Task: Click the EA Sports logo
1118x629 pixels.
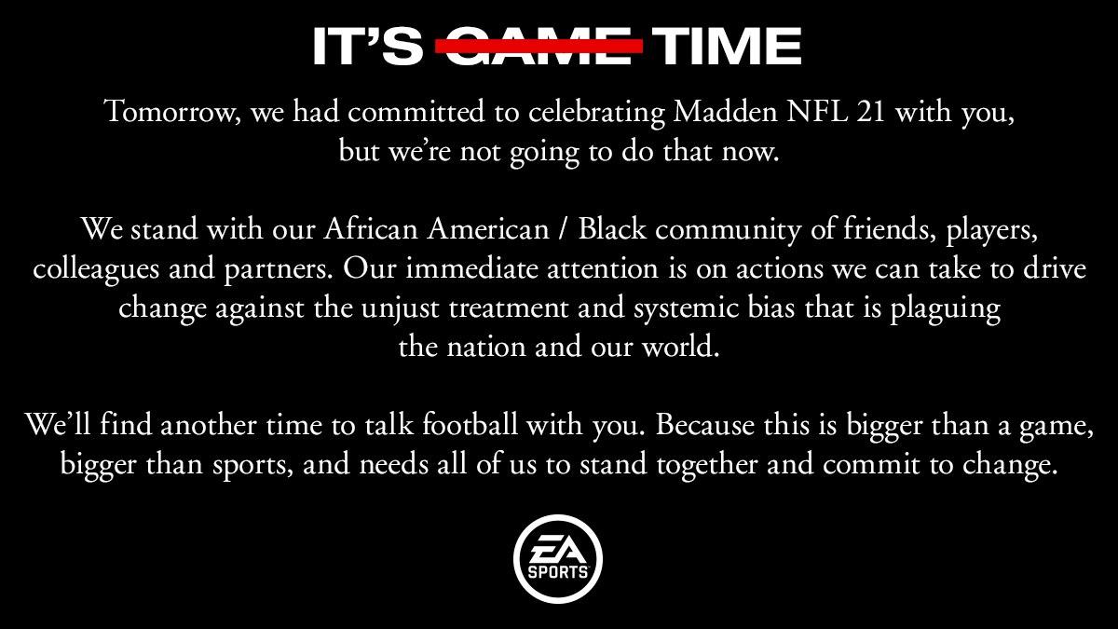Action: pyautogui.click(x=558, y=559)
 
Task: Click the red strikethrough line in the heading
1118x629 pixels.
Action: pyautogui.click(x=540, y=45)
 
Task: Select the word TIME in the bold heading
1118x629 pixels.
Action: pyautogui.click(x=728, y=46)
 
